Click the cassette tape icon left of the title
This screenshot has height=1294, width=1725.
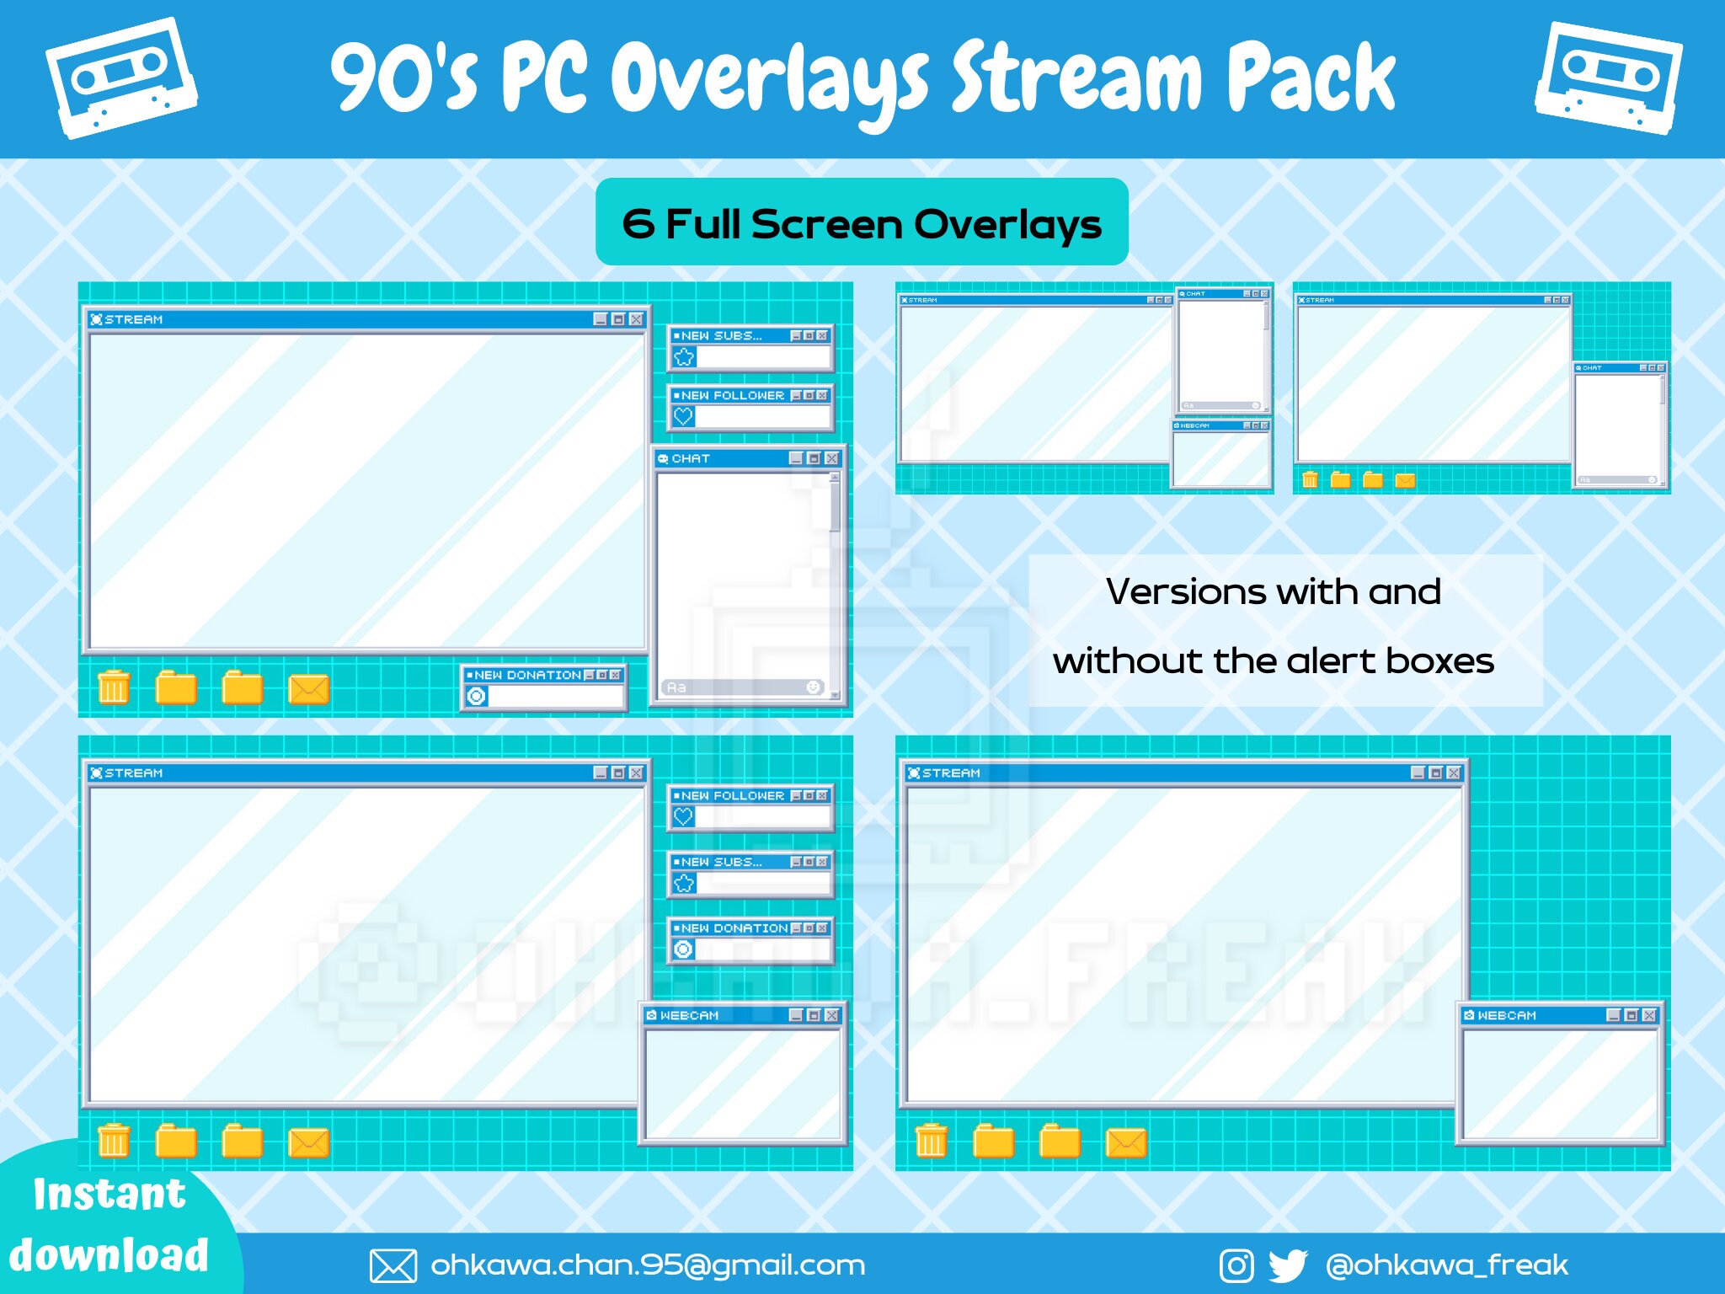click(121, 78)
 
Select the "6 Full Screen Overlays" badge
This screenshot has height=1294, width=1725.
click(862, 222)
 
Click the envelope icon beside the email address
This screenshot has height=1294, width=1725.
click(393, 1265)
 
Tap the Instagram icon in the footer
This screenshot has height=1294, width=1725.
click(1236, 1265)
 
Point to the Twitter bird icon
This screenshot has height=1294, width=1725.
click(1287, 1265)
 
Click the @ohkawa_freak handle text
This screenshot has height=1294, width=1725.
click(1446, 1265)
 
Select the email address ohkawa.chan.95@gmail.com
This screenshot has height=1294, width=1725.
click(648, 1265)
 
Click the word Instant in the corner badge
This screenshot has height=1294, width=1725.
click(109, 1194)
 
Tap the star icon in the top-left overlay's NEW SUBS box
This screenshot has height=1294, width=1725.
click(684, 357)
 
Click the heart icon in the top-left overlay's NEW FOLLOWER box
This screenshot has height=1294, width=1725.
click(683, 416)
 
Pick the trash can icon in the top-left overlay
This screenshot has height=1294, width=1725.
click(114, 687)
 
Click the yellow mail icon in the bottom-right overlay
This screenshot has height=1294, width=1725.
click(1126, 1142)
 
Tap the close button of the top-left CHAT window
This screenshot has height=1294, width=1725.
click(832, 458)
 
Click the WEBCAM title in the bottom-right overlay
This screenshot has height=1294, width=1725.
click(1506, 1015)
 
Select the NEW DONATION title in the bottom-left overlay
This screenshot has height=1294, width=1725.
click(734, 928)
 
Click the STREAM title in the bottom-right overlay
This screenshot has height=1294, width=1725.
click(950, 773)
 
